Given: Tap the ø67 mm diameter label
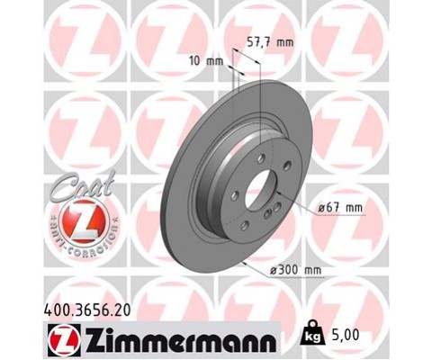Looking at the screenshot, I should coord(341,208).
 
